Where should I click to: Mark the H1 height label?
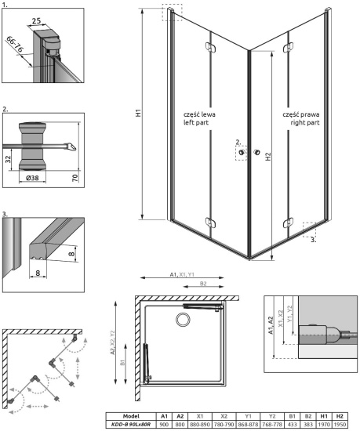pos(138,113)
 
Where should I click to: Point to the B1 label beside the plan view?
pos(123,361)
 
